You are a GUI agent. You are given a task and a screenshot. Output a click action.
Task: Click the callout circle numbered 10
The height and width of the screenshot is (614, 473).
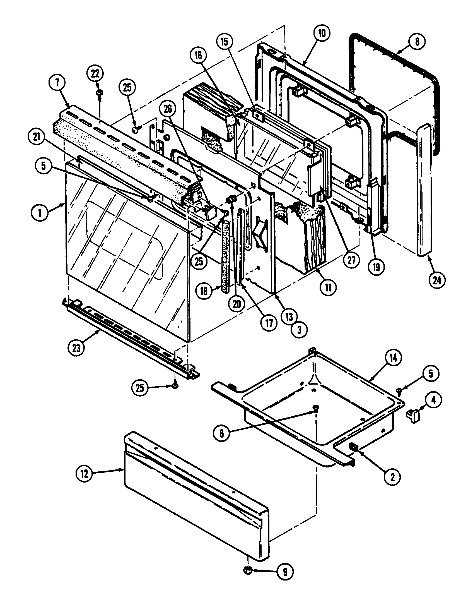point(322,33)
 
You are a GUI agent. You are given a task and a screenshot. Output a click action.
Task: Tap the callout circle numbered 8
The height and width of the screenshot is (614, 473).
point(417,42)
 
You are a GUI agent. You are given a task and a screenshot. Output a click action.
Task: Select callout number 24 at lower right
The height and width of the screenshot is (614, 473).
point(437,280)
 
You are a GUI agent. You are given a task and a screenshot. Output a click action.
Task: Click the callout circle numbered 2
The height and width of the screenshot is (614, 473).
point(393,476)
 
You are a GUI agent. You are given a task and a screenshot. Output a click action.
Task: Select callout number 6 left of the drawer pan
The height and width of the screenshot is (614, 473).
point(222,433)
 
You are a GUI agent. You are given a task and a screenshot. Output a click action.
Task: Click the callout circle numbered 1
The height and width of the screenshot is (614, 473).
point(40,213)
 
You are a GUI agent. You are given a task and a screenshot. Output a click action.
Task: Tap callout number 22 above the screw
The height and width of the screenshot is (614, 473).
point(95,74)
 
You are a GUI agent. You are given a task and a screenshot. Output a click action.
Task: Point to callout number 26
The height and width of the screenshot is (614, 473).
point(168,109)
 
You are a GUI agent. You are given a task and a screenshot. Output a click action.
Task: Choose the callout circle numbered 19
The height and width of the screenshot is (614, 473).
point(376,267)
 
